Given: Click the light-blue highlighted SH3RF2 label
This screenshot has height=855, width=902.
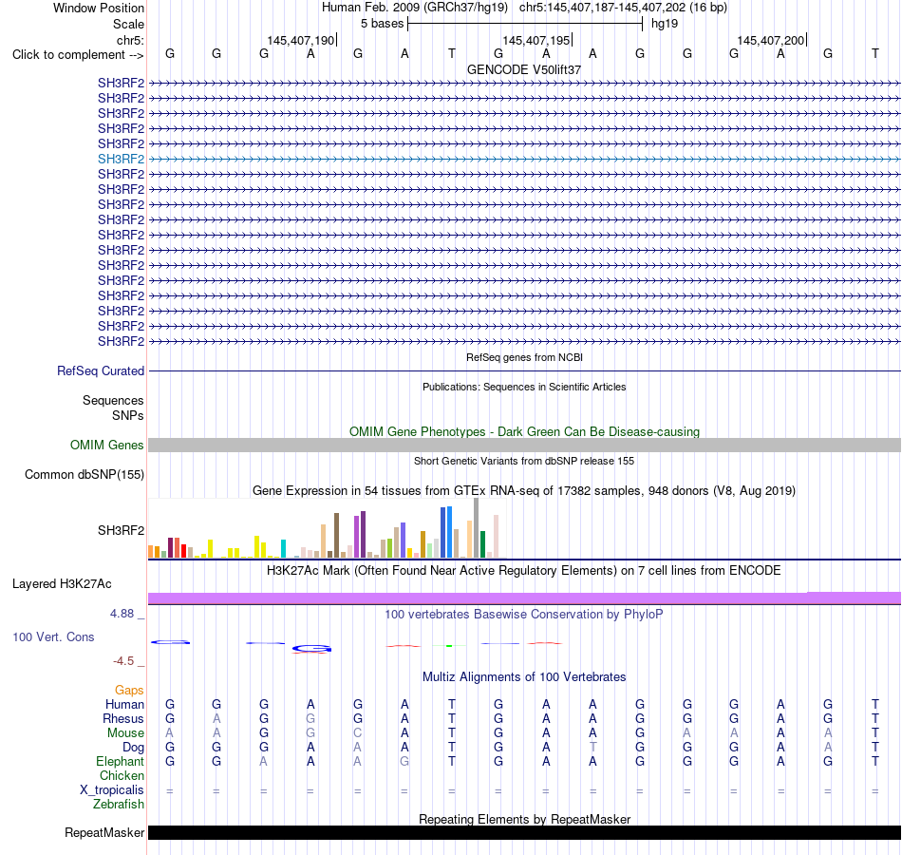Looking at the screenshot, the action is [x=121, y=159].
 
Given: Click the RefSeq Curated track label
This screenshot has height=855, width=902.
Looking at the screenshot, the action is [x=101, y=370].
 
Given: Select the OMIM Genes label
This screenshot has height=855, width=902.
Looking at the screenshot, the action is [x=107, y=445].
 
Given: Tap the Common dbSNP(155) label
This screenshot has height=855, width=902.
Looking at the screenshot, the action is [x=85, y=474].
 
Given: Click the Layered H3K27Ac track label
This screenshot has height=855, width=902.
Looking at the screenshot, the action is [x=62, y=584].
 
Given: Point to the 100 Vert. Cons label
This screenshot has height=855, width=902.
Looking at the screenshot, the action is [x=53, y=636].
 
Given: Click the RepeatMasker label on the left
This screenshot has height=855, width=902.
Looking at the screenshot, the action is [x=104, y=832].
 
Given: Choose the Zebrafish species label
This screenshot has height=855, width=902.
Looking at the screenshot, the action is [x=119, y=804].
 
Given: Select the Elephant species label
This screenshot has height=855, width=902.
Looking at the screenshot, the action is [x=121, y=761].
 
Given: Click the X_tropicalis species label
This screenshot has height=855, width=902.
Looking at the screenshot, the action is [x=112, y=790].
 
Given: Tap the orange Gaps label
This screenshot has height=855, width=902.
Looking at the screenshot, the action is [x=129, y=690].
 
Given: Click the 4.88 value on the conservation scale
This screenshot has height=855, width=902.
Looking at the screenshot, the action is [x=122, y=614].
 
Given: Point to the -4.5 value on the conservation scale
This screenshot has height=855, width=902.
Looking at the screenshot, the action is [x=123, y=661].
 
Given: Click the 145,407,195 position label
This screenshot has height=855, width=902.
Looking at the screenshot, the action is [x=536, y=40].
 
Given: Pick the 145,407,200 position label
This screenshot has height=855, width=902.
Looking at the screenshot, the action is [x=771, y=40].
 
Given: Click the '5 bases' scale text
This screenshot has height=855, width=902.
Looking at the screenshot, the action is [x=383, y=24].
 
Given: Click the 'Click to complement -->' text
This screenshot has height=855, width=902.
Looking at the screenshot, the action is [x=78, y=55].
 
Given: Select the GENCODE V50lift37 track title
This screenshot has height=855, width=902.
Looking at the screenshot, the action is [x=524, y=69].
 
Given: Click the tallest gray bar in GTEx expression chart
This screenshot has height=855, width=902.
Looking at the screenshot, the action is [x=477, y=528].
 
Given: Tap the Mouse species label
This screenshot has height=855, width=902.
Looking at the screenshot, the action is [x=125, y=733].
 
